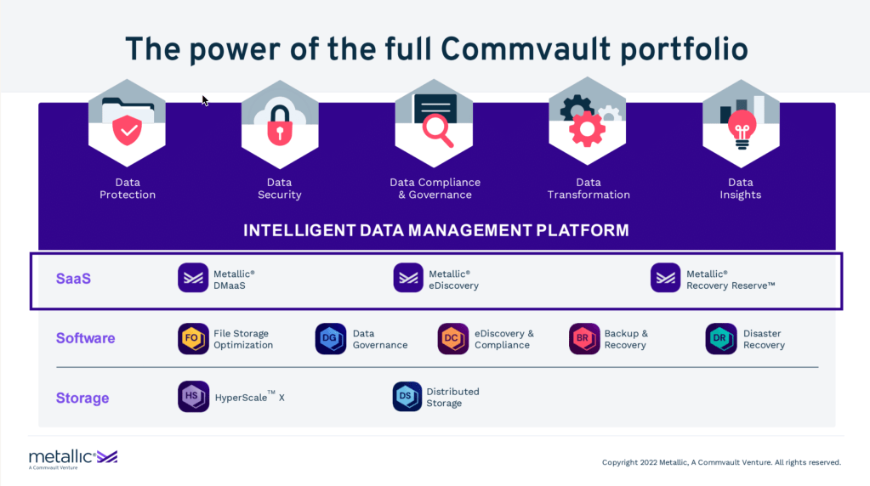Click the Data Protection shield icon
[x=127, y=130]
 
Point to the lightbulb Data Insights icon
[x=740, y=128]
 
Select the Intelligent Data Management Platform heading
[x=436, y=230]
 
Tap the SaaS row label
[x=73, y=278]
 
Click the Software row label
[x=85, y=338]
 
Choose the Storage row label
[x=82, y=398]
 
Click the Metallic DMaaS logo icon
[x=193, y=279]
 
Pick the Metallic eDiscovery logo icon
[x=408, y=279]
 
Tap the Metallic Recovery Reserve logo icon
[x=666, y=279]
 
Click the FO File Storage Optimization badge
[x=193, y=339]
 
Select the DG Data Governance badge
[x=331, y=339]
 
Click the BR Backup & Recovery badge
[x=584, y=339]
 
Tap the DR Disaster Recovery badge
[x=721, y=339]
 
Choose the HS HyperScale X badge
[x=193, y=397]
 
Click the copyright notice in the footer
[x=721, y=462]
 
